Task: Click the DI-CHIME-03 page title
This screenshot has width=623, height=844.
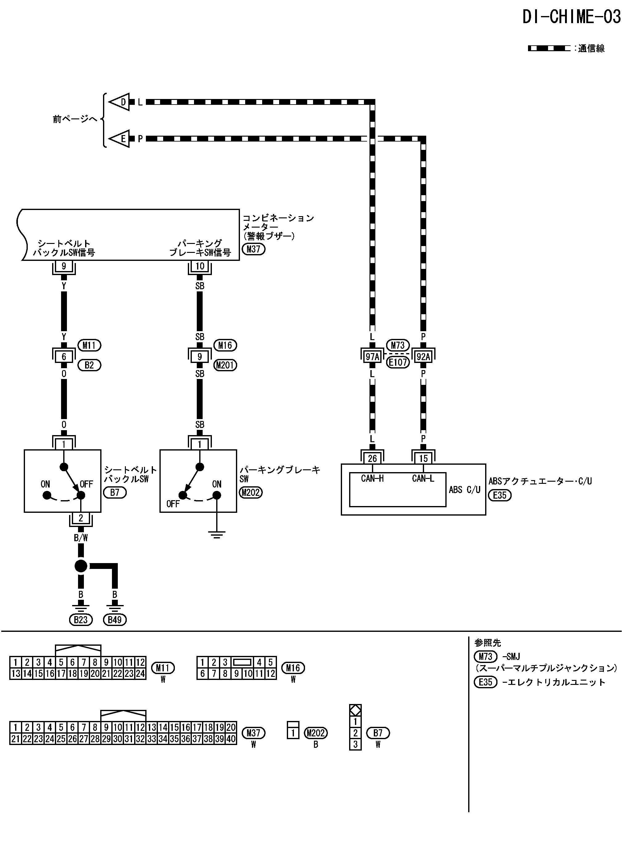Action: pos(571,17)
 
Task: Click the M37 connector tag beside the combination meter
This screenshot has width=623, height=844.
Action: pos(254,249)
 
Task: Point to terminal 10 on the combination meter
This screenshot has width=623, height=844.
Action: pos(200,266)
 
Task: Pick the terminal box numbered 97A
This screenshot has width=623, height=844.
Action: pos(372,356)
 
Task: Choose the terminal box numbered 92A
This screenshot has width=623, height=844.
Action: pos(423,356)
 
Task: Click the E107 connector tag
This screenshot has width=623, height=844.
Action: pos(398,362)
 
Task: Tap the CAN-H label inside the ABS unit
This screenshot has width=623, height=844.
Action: pos(372,478)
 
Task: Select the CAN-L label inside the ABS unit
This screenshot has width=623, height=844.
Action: pos(423,478)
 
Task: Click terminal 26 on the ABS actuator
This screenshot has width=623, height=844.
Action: pos(372,458)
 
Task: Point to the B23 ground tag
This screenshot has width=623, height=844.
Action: pos(81,620)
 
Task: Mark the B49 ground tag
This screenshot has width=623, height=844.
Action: pos(115,620)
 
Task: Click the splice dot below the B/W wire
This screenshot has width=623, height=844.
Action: pos(81,566)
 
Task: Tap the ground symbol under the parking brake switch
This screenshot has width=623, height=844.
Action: pos(217,534)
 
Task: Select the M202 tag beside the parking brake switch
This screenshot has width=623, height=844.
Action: pos(251,492)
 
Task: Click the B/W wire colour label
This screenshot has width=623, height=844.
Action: pos(81,538)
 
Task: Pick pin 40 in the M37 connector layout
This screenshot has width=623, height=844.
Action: pos(231,739)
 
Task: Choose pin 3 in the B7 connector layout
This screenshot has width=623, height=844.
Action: pos(355,744)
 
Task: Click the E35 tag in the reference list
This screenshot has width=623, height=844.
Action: pos(486,682)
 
